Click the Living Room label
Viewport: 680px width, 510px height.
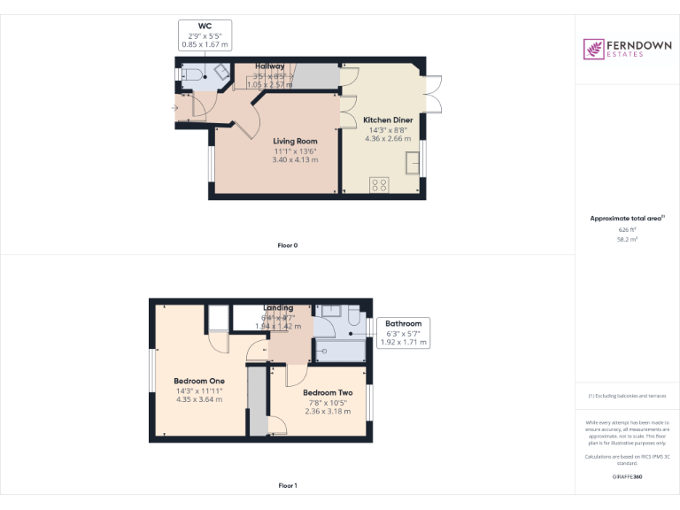[x=295, y=141]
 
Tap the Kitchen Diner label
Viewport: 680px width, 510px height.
[x=389, y=120]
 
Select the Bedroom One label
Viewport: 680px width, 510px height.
[x=199, y=381]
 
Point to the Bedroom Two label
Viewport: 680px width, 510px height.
[x=328, y=392]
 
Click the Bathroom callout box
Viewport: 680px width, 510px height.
[x=403, y=333]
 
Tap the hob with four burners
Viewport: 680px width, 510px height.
[x=379, y=185]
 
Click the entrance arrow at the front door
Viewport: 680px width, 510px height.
[x=174, y=108]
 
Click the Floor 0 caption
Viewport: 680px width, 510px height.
[x=288, y=244]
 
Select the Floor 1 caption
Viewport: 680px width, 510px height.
[x=288, y=485]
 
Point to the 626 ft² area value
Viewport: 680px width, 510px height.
[x=627, y=229]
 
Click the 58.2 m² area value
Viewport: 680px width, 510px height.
[x=627, y=239]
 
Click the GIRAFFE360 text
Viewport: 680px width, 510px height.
[x=627, y=477]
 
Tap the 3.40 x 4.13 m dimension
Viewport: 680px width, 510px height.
[x=295, y=159]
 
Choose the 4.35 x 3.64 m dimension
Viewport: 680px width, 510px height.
[x=199, y=399]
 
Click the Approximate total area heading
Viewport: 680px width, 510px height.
[x=626, y=218]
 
